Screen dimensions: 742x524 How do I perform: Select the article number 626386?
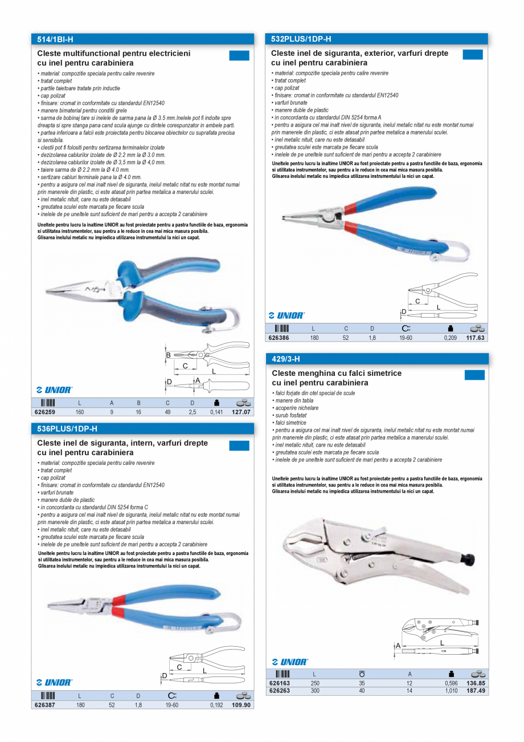coord(278,338)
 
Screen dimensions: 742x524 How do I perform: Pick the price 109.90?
coord(241,705)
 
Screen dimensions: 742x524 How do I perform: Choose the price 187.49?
coord(476,691)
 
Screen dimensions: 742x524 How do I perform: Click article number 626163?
coord(278,683)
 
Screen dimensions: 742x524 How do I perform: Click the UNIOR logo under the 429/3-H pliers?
coord(290,662)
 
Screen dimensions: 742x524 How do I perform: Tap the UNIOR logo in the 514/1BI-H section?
coord(54,390)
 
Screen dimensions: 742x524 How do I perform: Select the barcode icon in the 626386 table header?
coord(282,329)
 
